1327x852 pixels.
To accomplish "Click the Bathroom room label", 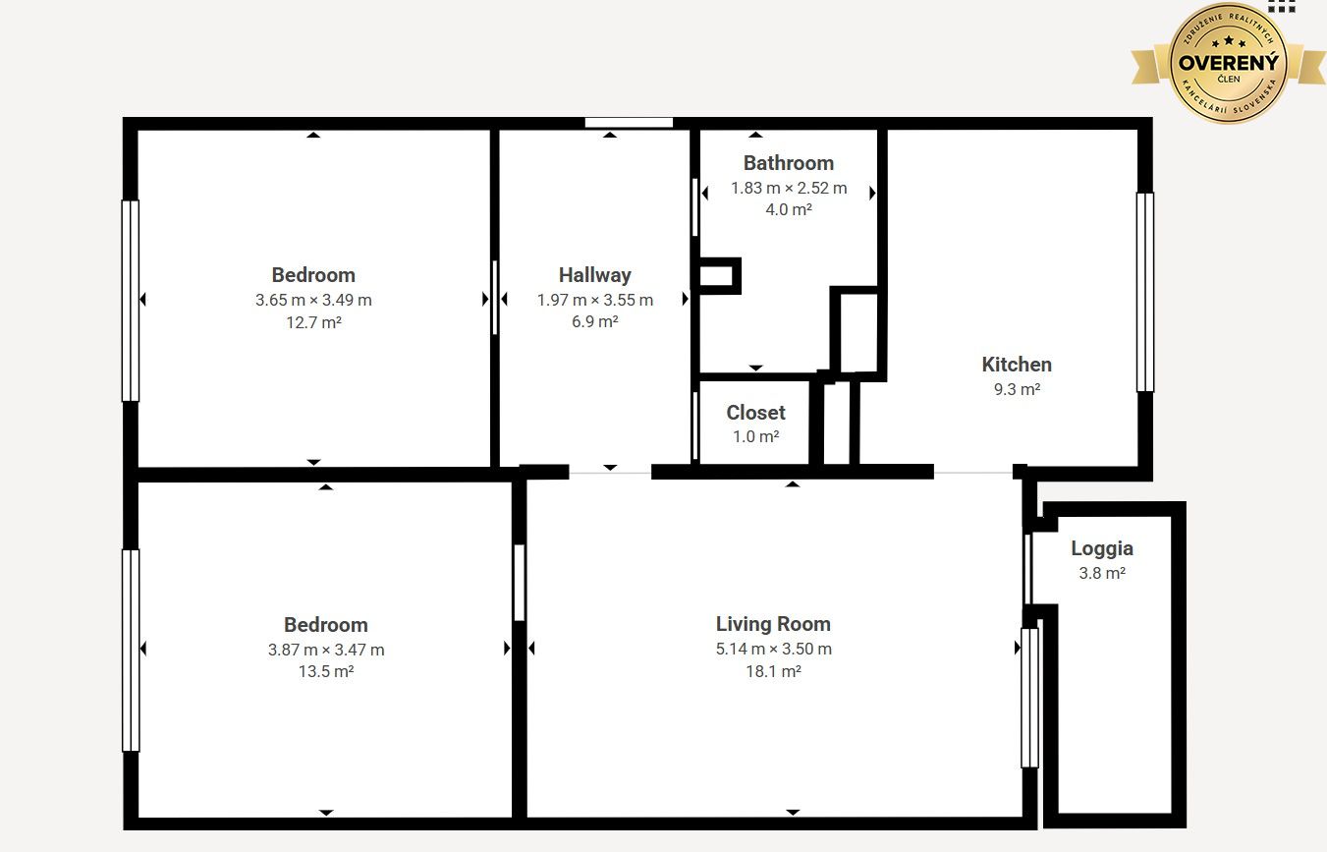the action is tap(789, 163).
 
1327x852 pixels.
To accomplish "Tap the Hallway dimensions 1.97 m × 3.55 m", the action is tap(595, 300).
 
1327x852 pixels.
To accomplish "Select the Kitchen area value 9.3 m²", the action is tap(1017, 389).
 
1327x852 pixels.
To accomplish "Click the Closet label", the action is tap(756, 413).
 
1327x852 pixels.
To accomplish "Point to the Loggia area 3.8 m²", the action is tap(1102, 573).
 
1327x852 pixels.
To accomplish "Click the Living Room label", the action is tap(773, 624).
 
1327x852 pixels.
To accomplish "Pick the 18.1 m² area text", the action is tap(773, 671).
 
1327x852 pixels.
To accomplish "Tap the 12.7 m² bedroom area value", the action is tap(313, 322).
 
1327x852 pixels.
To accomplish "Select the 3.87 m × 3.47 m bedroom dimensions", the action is tap(326, 650).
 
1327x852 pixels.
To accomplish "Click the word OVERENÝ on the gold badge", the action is tap(1229, 62).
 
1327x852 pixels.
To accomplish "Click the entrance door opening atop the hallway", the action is tap(629, 123).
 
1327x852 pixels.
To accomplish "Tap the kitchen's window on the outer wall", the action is tap(1145, 292).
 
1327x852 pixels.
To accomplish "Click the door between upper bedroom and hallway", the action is tap(494, 298).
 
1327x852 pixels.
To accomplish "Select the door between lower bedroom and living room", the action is tap(519, 583).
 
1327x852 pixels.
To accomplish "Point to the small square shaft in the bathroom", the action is tap(719, 275).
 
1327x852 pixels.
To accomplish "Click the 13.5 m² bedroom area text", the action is tap(326, 672).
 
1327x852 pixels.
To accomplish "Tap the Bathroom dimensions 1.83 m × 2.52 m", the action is tap(789, 188).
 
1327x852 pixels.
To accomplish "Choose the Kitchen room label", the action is tap(1017, 365).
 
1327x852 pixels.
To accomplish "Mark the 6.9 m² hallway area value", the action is tap(595, 321).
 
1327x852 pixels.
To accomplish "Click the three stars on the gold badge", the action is tap(1229, 41).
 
